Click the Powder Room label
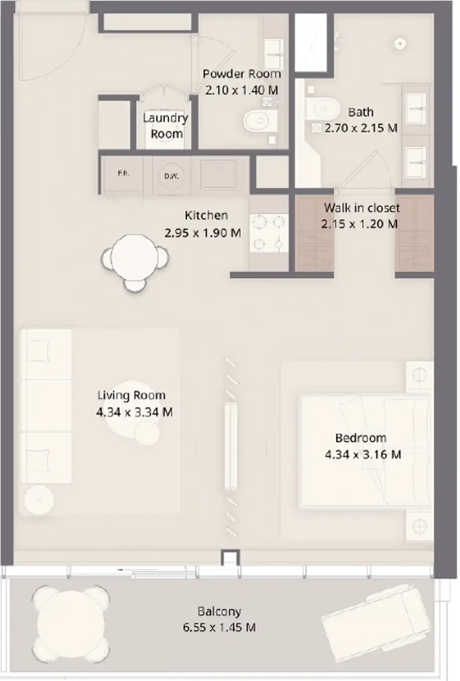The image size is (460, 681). (241, 74)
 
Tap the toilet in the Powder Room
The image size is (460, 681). (260, 121)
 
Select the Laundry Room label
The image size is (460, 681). (165, 126)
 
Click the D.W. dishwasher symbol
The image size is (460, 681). (171, 176)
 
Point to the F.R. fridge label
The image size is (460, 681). (123, 173)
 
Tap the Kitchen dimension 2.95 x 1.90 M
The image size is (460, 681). (203, 233)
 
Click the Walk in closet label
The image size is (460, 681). (362, 208)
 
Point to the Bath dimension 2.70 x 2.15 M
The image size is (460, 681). (361, 128)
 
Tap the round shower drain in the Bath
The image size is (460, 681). (400, 44)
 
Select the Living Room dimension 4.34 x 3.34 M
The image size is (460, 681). (134, 412)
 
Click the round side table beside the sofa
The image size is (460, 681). (39, 500)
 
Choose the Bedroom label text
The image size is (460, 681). (360, 438)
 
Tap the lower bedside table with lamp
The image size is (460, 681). (419, 527)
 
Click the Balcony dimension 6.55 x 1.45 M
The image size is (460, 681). (219, 627)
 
